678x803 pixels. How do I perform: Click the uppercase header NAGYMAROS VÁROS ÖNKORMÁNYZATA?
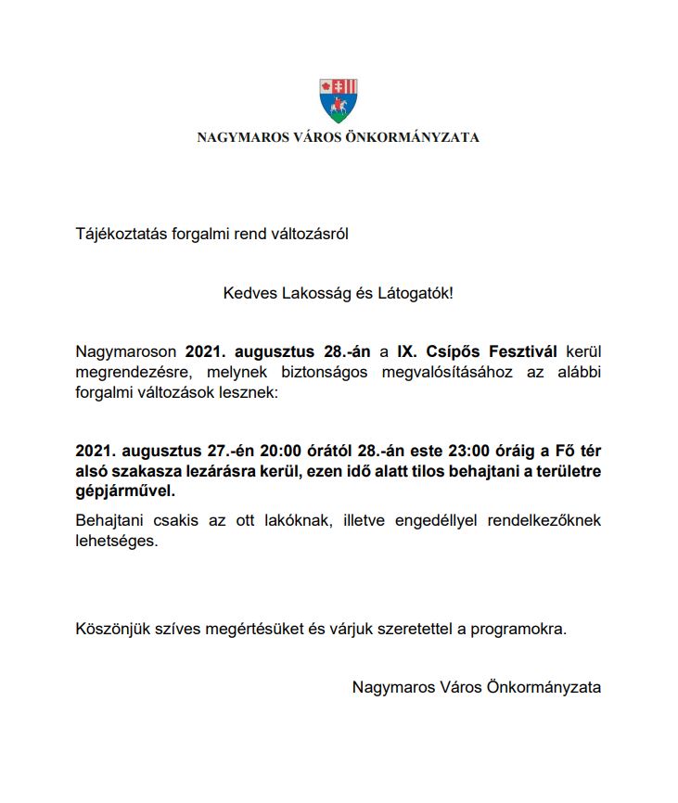point(339,138)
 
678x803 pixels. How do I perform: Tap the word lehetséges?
point(117,542)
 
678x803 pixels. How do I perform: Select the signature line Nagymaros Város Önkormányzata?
point(476,688)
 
